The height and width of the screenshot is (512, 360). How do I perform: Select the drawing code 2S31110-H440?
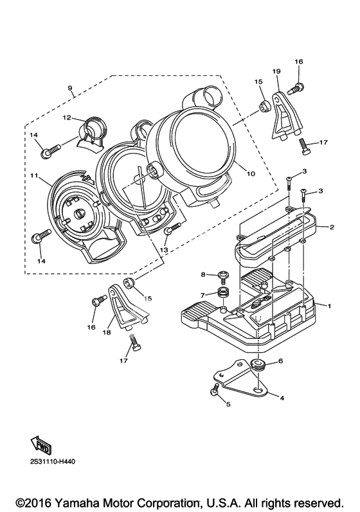(51, 463)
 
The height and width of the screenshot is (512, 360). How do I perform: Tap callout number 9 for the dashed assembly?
(70, 88)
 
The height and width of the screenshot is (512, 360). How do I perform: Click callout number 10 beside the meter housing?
(251, 173)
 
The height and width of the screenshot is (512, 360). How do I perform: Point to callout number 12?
(67, 118)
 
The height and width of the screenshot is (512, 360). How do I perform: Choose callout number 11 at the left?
(33, 175)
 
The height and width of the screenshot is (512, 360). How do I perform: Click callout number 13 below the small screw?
(164, 250)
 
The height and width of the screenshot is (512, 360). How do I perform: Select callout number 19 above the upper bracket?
(276, 71)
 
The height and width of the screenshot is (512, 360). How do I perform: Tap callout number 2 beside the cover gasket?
(332, 227)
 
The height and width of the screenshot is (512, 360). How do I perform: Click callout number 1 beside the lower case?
(329, 306)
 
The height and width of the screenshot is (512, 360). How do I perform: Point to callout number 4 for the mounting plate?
(282, 398)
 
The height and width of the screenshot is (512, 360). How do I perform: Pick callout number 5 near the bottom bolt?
(228, 404)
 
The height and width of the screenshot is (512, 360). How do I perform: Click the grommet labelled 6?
(258, 364)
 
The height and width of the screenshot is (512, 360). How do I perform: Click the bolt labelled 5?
(214, 389)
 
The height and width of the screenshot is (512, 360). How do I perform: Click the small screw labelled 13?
(172, 228)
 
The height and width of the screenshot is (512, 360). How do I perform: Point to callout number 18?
(107, 332)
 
